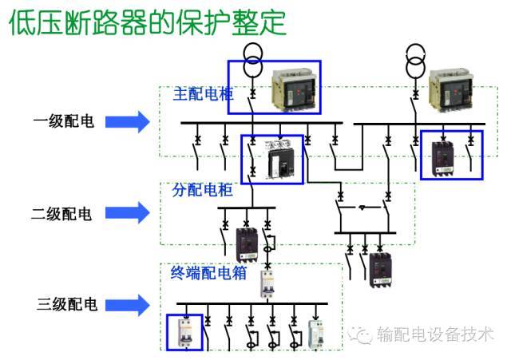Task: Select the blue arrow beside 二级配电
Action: pos(128,213)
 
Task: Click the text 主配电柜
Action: pos(203,93)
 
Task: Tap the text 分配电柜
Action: pos(202,190)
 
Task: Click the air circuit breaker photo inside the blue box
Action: pos(295,88)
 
